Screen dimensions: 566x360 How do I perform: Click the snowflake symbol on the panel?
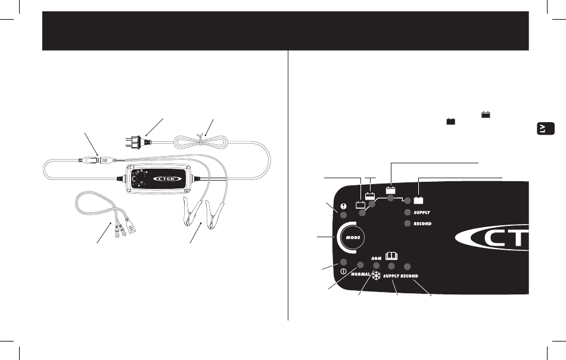tap(377, 277)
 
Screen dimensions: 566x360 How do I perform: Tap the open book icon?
tap(392, 255)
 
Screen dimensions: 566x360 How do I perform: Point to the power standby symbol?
tap(344, 272)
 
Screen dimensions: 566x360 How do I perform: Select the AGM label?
tap(376, 258)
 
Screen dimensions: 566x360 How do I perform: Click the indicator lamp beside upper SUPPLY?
tap(408, 212)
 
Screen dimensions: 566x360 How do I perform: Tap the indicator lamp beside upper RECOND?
tap(408, 224)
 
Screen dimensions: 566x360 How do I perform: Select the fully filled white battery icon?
tap(419, 200)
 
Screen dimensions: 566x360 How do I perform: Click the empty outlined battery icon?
tap(360, 205)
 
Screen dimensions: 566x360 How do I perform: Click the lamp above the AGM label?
tap(377, 265)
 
